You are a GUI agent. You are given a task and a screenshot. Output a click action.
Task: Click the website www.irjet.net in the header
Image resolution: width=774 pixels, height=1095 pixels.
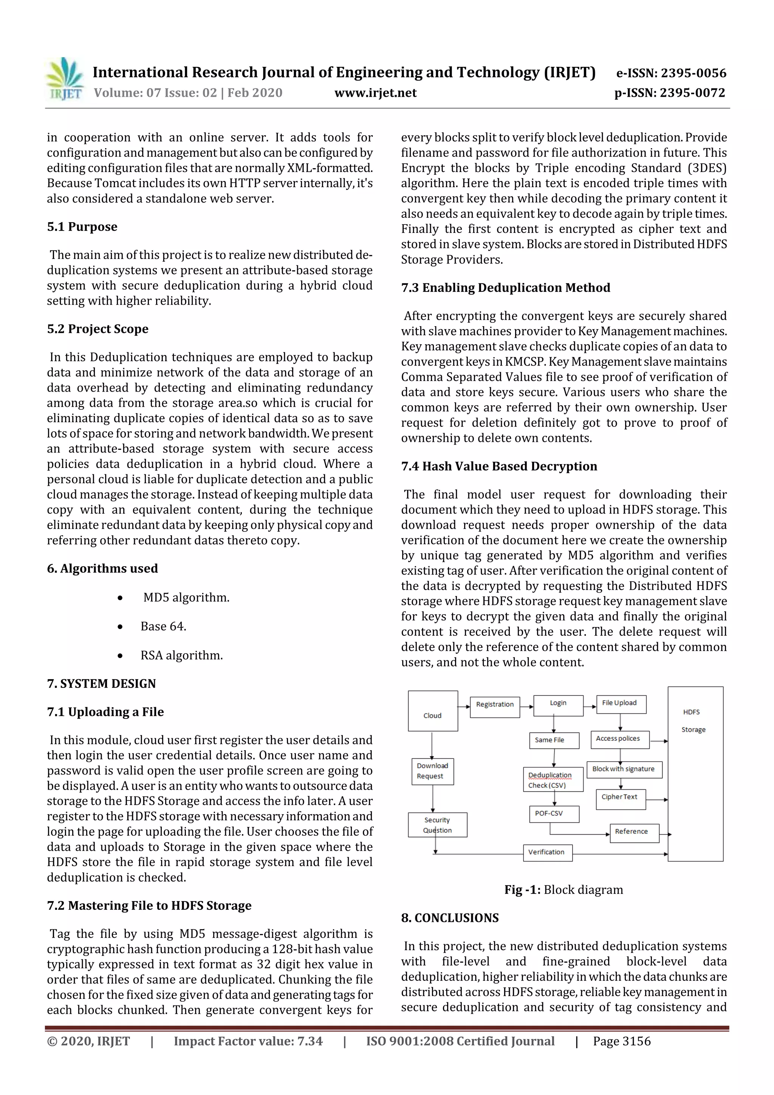(375, 93)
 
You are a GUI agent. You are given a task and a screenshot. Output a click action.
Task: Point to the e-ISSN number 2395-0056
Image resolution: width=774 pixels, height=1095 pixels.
(671, 73)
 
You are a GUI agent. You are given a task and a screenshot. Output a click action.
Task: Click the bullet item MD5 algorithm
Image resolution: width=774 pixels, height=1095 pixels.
(186, 598)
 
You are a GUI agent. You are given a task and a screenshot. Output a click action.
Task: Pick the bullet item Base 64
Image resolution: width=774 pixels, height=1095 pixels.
(163, 626)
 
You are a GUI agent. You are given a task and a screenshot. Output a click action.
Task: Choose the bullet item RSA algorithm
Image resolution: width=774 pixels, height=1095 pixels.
(181, 655)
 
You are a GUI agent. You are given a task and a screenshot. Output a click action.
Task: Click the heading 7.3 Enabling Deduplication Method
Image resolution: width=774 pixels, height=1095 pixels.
(506, 288)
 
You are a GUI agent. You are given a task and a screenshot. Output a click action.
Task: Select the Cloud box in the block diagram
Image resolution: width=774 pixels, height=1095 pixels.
(433, 711)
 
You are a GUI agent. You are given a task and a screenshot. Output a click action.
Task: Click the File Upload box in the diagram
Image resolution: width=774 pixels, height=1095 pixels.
(621, 704)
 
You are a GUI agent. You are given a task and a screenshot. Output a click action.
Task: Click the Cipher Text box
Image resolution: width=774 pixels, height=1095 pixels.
(620, 799)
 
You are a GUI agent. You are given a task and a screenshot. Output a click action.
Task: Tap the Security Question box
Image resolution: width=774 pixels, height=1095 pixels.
(437, 825)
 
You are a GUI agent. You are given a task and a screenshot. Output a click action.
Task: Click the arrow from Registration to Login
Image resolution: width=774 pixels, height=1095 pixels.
(526, 706)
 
